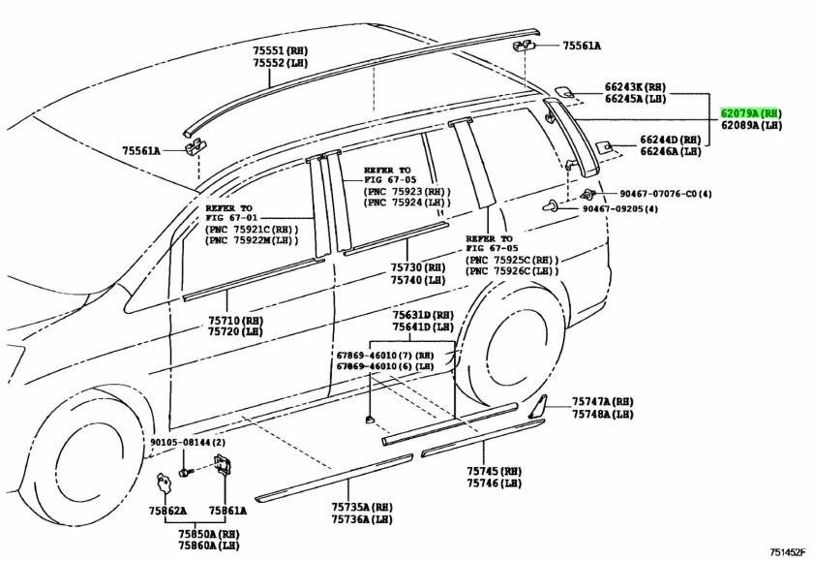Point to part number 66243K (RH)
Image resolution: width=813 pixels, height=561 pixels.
point(661,86)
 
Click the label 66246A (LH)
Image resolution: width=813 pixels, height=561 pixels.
point(670,151)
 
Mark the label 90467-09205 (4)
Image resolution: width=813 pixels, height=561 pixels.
point(619,209)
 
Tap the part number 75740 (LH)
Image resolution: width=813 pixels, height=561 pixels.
point(418,279)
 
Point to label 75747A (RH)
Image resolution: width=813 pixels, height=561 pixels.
point(602,401)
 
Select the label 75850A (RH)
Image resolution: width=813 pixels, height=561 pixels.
point(208,533)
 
